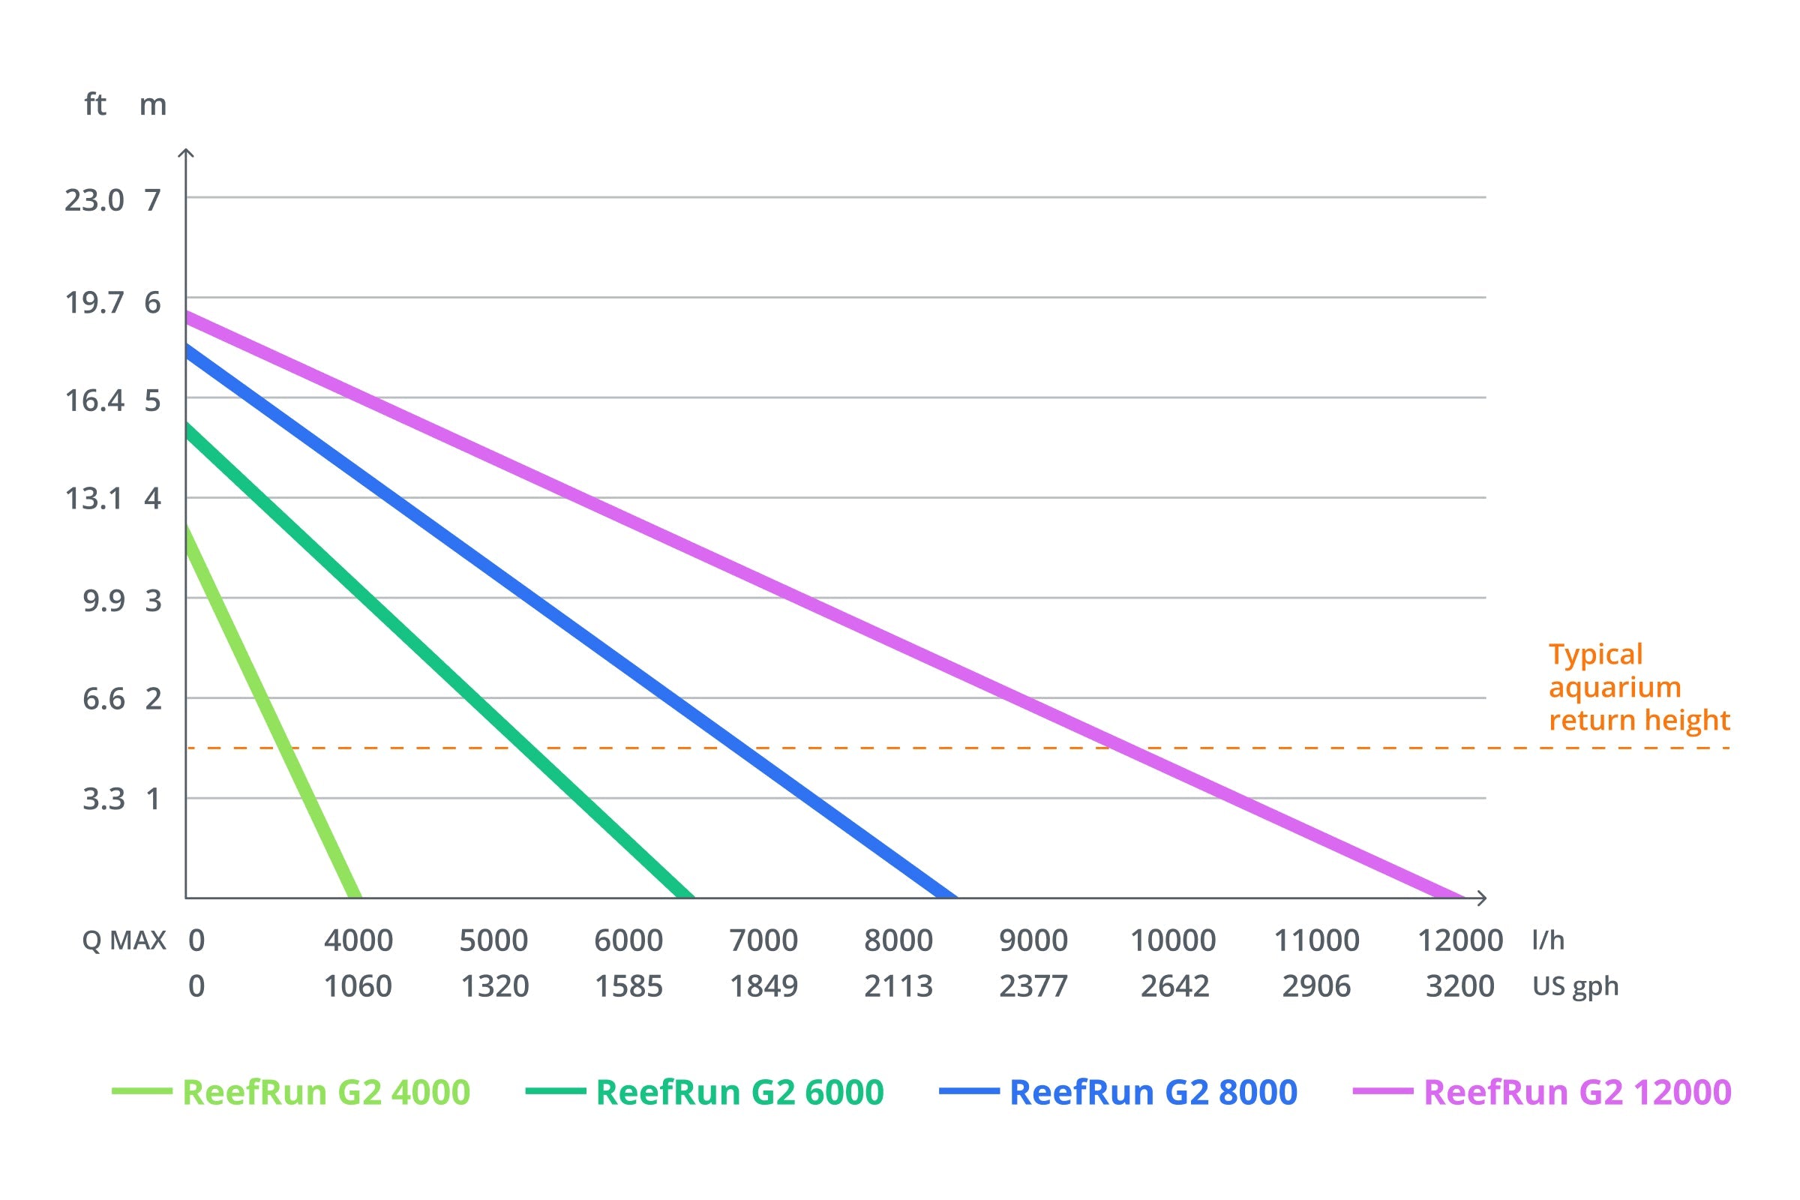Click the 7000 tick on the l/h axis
(x=763, y=940)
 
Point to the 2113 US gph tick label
(x=898, y=986)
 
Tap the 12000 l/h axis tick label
(x=1460, y=940)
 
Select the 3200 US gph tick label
(x=1459, y=986)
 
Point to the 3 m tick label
(x=153, y=601)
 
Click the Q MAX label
(x=124, y=940)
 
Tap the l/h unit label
(x=1547, y=940)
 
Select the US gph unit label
(x=1575, y=986)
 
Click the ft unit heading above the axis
(x=95, y=104)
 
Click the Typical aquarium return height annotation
(x=1638, y=687)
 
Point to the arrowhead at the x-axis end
(x=1483, y=898)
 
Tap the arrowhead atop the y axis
(x=186, y=154)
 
